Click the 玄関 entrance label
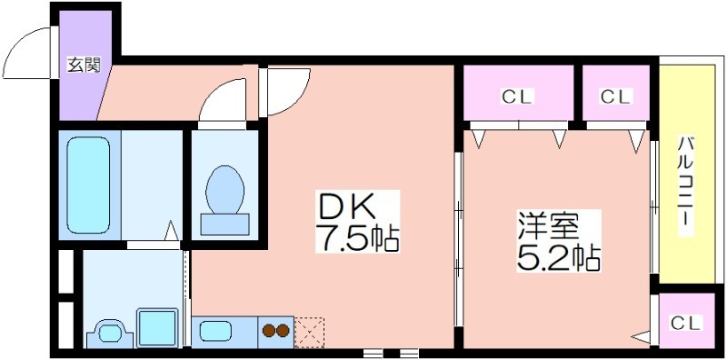tap(84, 65)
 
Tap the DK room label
tap(345, 207)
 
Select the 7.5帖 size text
tap(357, 237)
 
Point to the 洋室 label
tap(549, 226)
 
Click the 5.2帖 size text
tap(558, 257)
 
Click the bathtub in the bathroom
tap(88, 185)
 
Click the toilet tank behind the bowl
tap(224, 225)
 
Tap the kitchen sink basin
tap(216, 331)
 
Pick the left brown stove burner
tap(269, 331)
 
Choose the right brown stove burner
tap(283, 331)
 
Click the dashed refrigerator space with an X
tap(309, 332)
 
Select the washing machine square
tap(157, 327)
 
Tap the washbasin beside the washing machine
tap(110, 333)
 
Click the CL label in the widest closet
tap(517, 96)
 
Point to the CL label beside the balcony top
tap(616, 96)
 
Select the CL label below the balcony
tap(686, 323)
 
